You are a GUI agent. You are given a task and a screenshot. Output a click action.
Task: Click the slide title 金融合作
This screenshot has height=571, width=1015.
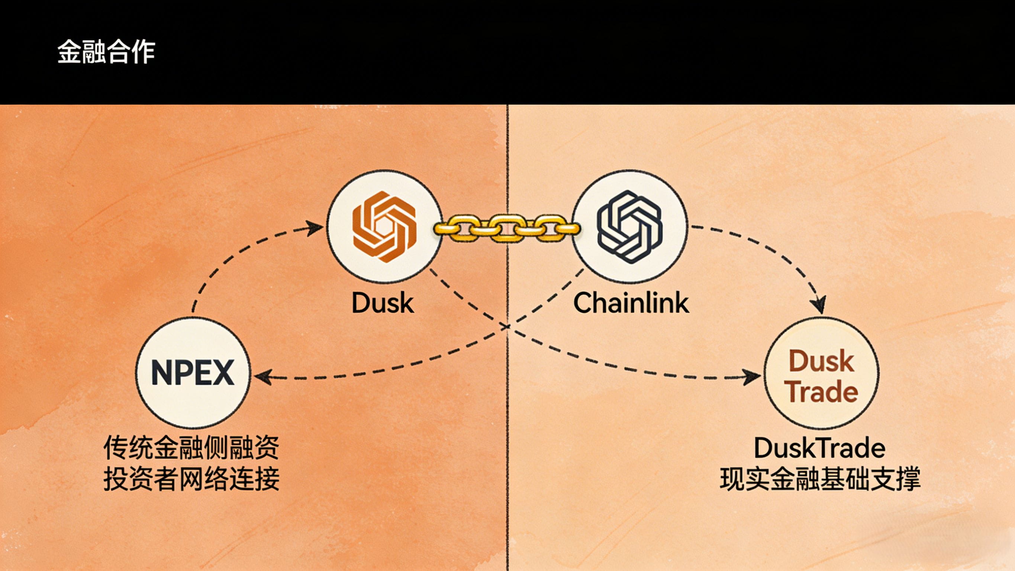point(106,52)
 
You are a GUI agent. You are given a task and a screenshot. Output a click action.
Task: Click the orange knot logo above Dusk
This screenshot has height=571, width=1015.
point(384,227)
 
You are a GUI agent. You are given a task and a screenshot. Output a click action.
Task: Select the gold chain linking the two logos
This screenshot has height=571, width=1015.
point(507,228)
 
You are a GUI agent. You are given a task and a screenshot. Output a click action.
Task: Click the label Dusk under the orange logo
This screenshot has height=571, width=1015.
point(382,303)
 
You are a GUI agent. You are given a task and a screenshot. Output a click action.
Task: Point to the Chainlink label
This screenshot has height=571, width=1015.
point(631,303)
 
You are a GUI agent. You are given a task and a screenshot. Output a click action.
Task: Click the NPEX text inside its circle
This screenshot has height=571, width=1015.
point(193,373)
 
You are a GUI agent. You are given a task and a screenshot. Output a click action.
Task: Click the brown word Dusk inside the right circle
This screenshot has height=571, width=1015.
point(821,361)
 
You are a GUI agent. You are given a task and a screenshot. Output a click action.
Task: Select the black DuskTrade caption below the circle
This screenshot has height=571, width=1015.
point(819,448)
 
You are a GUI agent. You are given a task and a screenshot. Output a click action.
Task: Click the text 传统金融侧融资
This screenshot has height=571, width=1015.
point(191,448)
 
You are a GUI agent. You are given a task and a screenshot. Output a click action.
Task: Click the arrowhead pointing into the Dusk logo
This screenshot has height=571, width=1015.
point(316,227)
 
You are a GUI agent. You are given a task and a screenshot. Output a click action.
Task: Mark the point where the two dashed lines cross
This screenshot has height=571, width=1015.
point(507,327)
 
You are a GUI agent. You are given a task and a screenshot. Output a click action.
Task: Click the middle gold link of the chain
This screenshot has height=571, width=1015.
point(507,228)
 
